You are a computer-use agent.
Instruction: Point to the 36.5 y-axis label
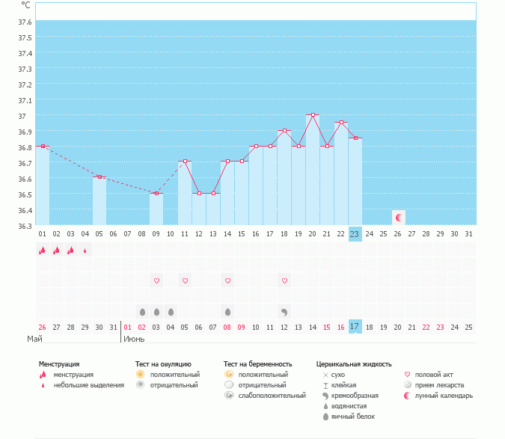[x=25, y=194]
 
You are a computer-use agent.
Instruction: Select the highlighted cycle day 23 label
[x=355, y=234]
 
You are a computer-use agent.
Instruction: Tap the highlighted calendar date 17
[x=355, y=326]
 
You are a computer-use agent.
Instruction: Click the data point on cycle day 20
[x=313, y=115]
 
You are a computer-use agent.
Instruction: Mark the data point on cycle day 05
[x=100, y=177]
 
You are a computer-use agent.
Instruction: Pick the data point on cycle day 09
[x=156, y=194]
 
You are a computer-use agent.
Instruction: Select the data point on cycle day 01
[x=43, y=146]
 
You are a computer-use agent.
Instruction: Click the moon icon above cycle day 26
[x=399, y=218]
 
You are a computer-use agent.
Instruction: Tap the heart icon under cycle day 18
[x=284, y=280]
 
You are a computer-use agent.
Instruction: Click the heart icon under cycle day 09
[x=156, y=280]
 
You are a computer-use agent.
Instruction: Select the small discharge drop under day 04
[x=85, y=251]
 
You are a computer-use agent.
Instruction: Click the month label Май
[x=34, y=338]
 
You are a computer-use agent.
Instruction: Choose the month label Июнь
[x=134, y=338]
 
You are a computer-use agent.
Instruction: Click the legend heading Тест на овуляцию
[x=159, y=364]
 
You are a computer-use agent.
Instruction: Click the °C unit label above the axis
[x=25, y=4]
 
